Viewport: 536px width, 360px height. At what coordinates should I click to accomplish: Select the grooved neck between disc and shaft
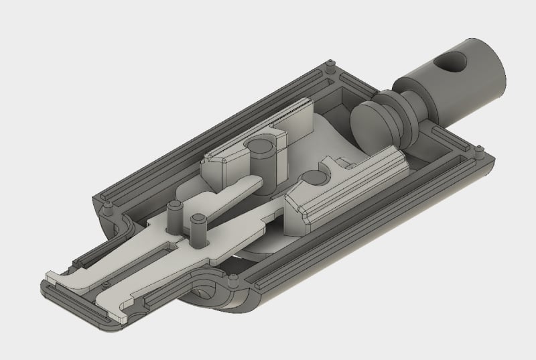click(x=407, y=109)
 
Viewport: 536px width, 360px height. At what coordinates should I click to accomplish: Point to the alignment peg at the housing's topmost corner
click(x=333, y=66)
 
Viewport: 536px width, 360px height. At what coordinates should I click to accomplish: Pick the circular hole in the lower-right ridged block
click(x=310, y=178)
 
